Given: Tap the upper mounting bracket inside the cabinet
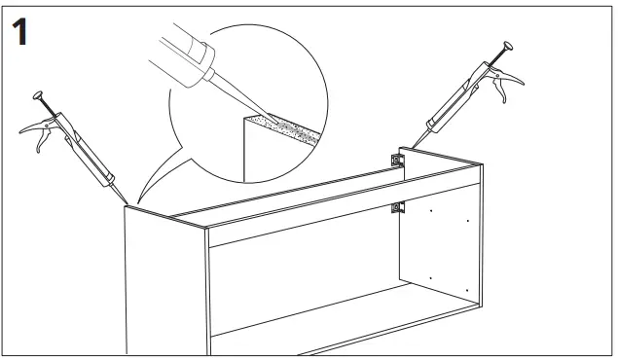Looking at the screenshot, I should click(396, 159).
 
